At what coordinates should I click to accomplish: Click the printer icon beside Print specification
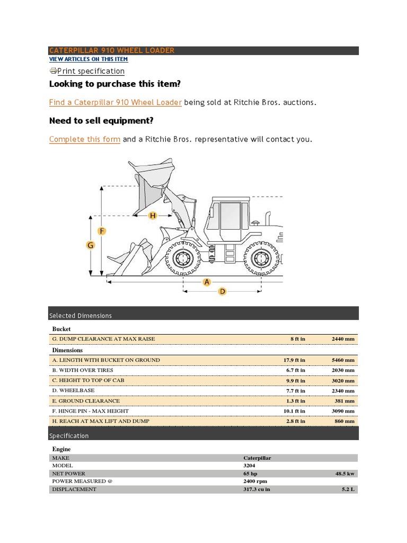[x=53, y=71]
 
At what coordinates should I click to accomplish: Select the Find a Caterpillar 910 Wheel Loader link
[x=116, y=102]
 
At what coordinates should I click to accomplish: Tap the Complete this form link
[x=85, y=139]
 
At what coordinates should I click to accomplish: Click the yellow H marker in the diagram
[x=153, y=215]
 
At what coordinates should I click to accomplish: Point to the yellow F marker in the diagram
[x=102, y=231]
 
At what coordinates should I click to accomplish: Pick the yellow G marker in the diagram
[x=90, y=245]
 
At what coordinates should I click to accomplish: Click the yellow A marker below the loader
[x=207, y=282]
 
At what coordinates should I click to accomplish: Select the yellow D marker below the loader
[x=223, y=291]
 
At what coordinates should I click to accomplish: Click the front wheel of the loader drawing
[x=183, y=259]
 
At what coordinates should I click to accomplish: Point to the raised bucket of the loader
[x=154, y=178]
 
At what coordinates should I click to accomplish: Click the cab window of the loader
[x=231, y=216]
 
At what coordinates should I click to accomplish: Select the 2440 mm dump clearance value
[x=343, y=339]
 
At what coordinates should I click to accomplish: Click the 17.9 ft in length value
[x=294, y=360]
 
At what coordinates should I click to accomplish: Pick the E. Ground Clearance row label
[x=86, y=401]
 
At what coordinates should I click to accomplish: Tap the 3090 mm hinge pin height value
[x=343, y=411]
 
